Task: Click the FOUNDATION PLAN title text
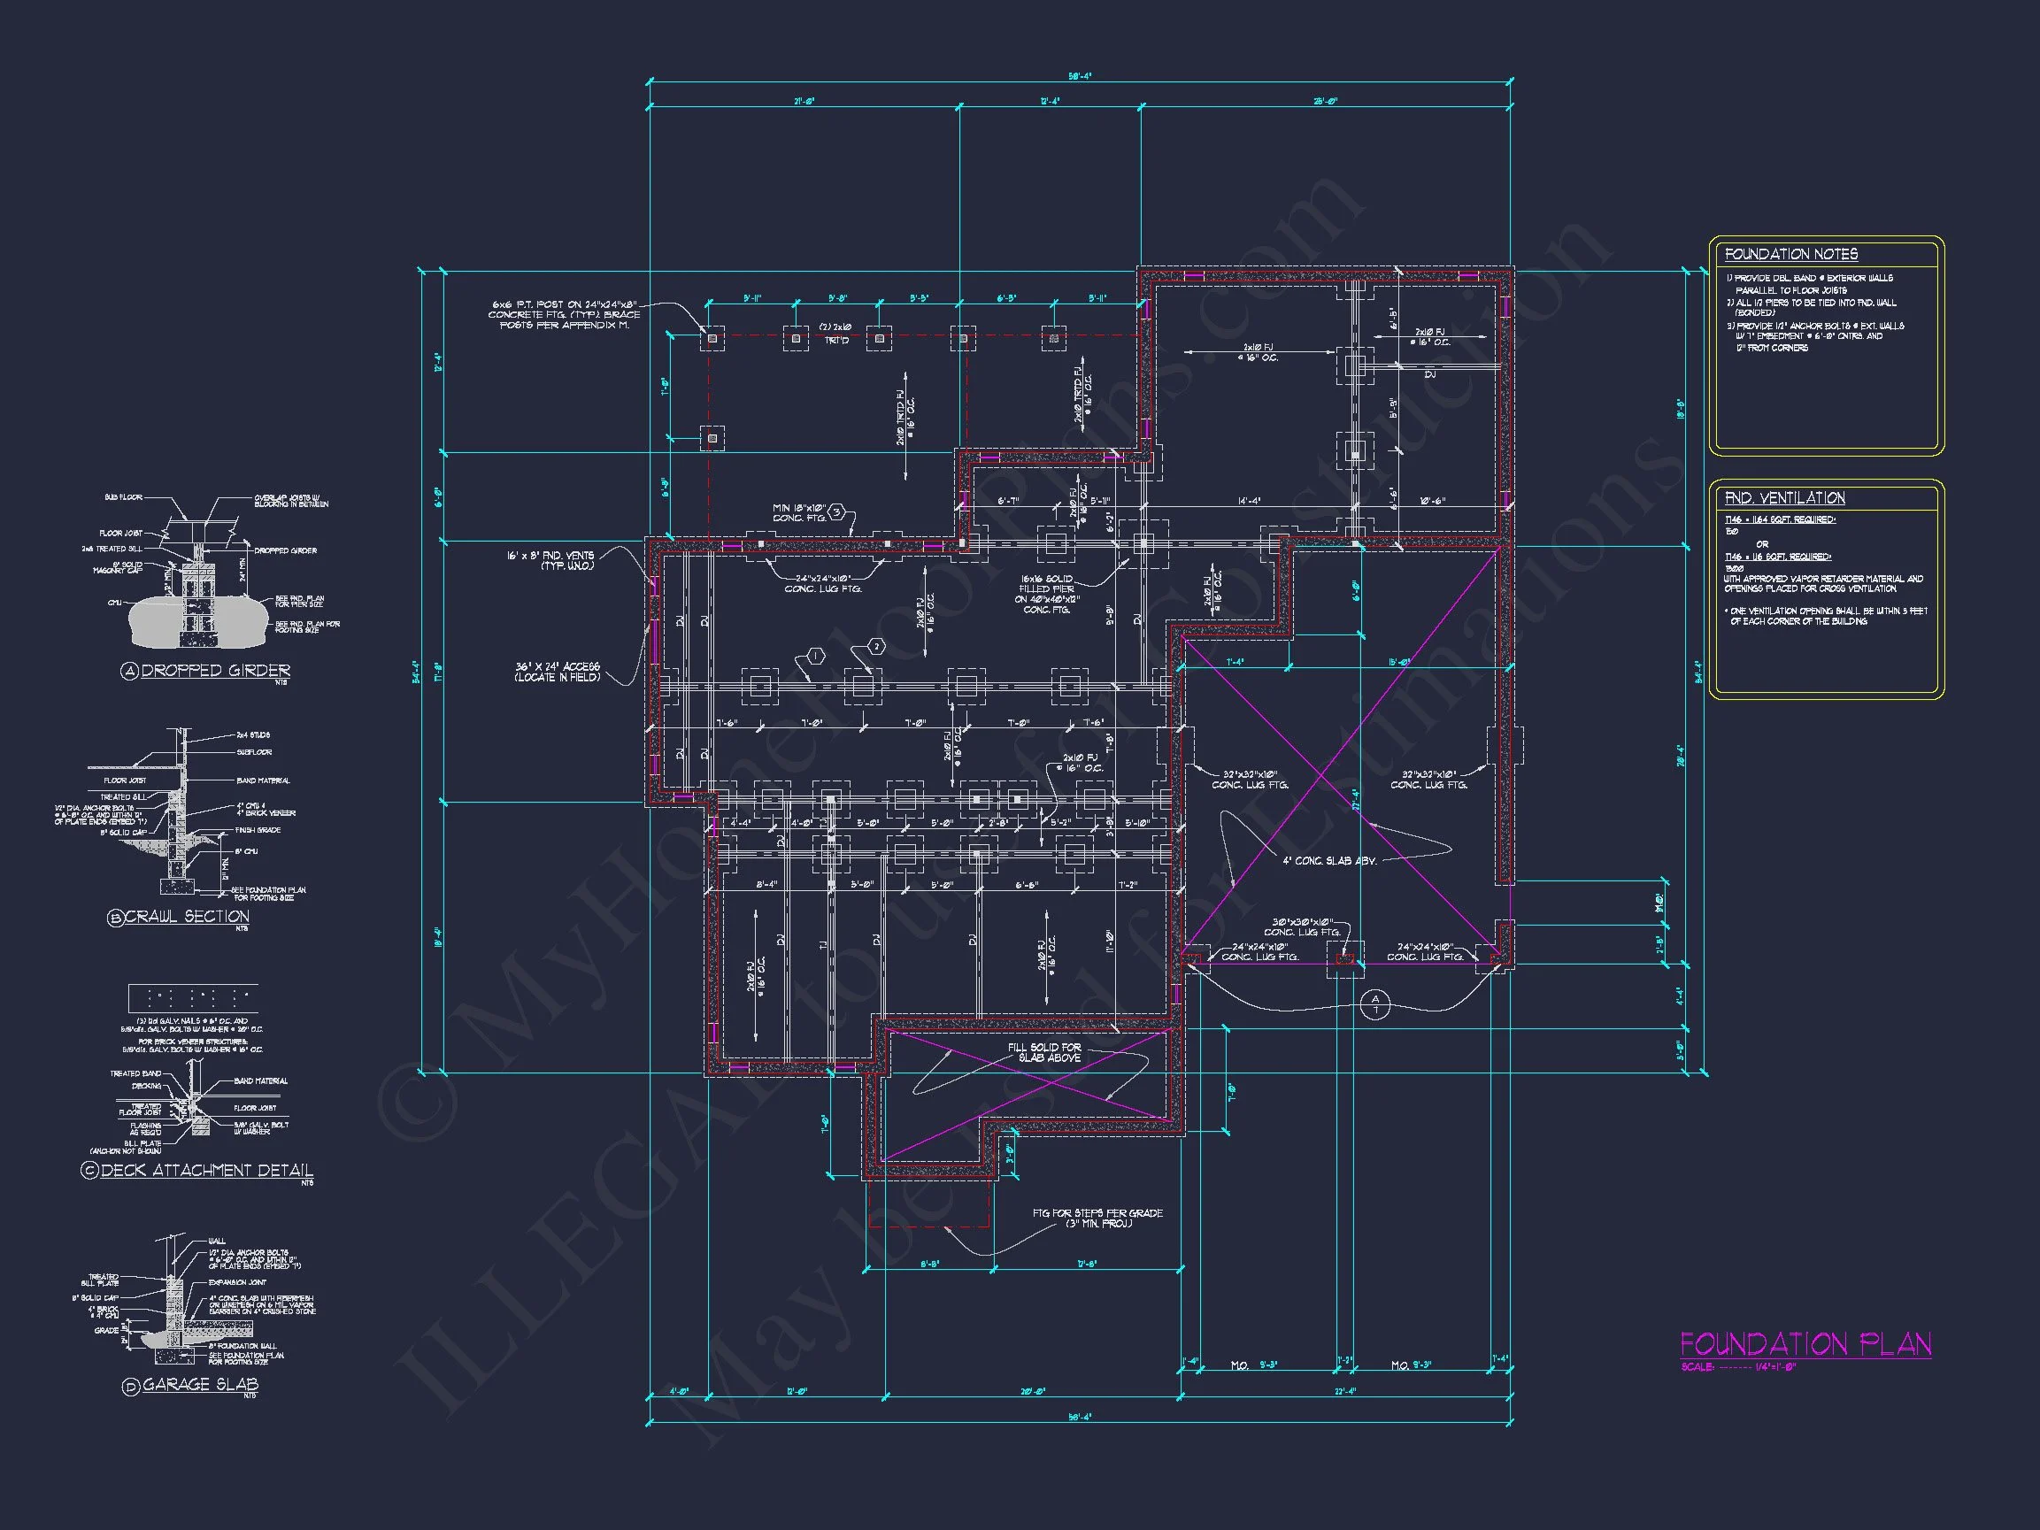[x=1805, y=1343]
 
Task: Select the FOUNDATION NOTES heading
[x=1790, y=255]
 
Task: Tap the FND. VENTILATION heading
[x=1783, y=498]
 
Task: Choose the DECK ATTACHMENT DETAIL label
[x=205, y=1170]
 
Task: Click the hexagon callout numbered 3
[x=836, y=511]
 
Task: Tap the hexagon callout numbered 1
[x=815, y=657]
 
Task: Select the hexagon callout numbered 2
[x=876, y=647]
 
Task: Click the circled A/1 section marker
[x=1375, y=1004]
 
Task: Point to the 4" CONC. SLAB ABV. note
[x=1329, y=860]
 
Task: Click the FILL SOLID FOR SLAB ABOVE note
[x=1044, y=1052]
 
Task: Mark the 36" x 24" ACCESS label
[x=557, y=672]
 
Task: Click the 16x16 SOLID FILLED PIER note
[x=1047, y=594]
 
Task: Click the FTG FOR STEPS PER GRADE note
[x=1097, y=1218]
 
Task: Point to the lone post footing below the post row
[x=711, y=439]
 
